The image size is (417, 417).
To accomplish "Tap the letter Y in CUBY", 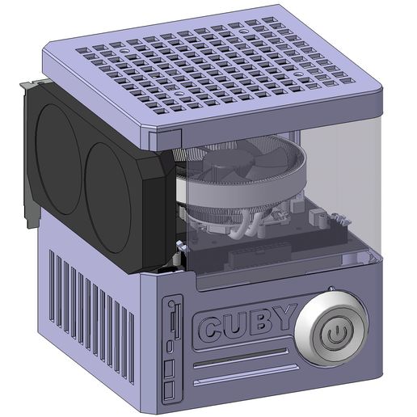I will [x=281, y=322].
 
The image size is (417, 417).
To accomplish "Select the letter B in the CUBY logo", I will [x=259, y=324].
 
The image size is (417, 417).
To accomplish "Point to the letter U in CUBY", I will [x=235, y=326].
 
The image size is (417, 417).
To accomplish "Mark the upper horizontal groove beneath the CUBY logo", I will [x=240, y=356].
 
